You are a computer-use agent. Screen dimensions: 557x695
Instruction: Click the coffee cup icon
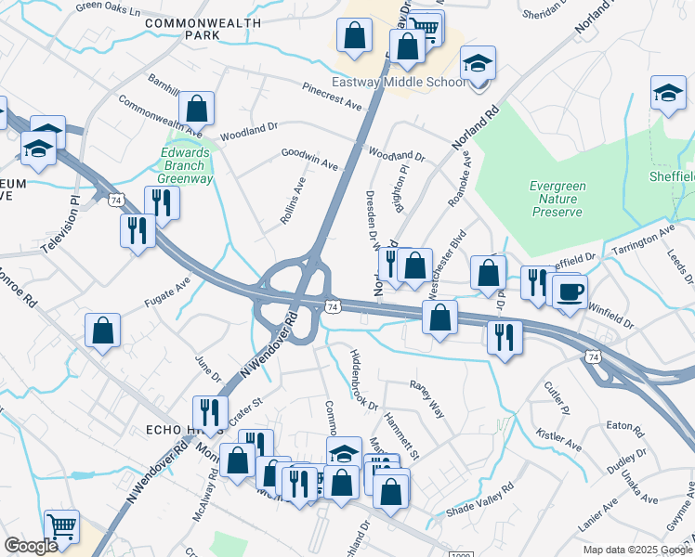pos(570,290)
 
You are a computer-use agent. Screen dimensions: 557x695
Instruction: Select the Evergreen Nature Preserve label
pos(557,199)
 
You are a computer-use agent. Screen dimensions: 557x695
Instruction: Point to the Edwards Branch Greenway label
pos(187,166)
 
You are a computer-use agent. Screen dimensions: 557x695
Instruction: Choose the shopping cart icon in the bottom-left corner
pos(61,526)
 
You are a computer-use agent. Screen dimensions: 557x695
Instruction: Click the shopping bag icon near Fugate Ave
pos(102,330)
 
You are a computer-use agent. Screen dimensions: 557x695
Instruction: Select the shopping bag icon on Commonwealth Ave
pos(196,108)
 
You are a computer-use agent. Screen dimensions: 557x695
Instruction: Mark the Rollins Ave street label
pos(294,202)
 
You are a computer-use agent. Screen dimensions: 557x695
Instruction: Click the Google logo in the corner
pos(31,546)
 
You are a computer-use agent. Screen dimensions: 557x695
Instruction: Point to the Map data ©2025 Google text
pos(636,550)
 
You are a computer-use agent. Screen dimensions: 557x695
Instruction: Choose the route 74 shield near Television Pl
pos(115,200)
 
